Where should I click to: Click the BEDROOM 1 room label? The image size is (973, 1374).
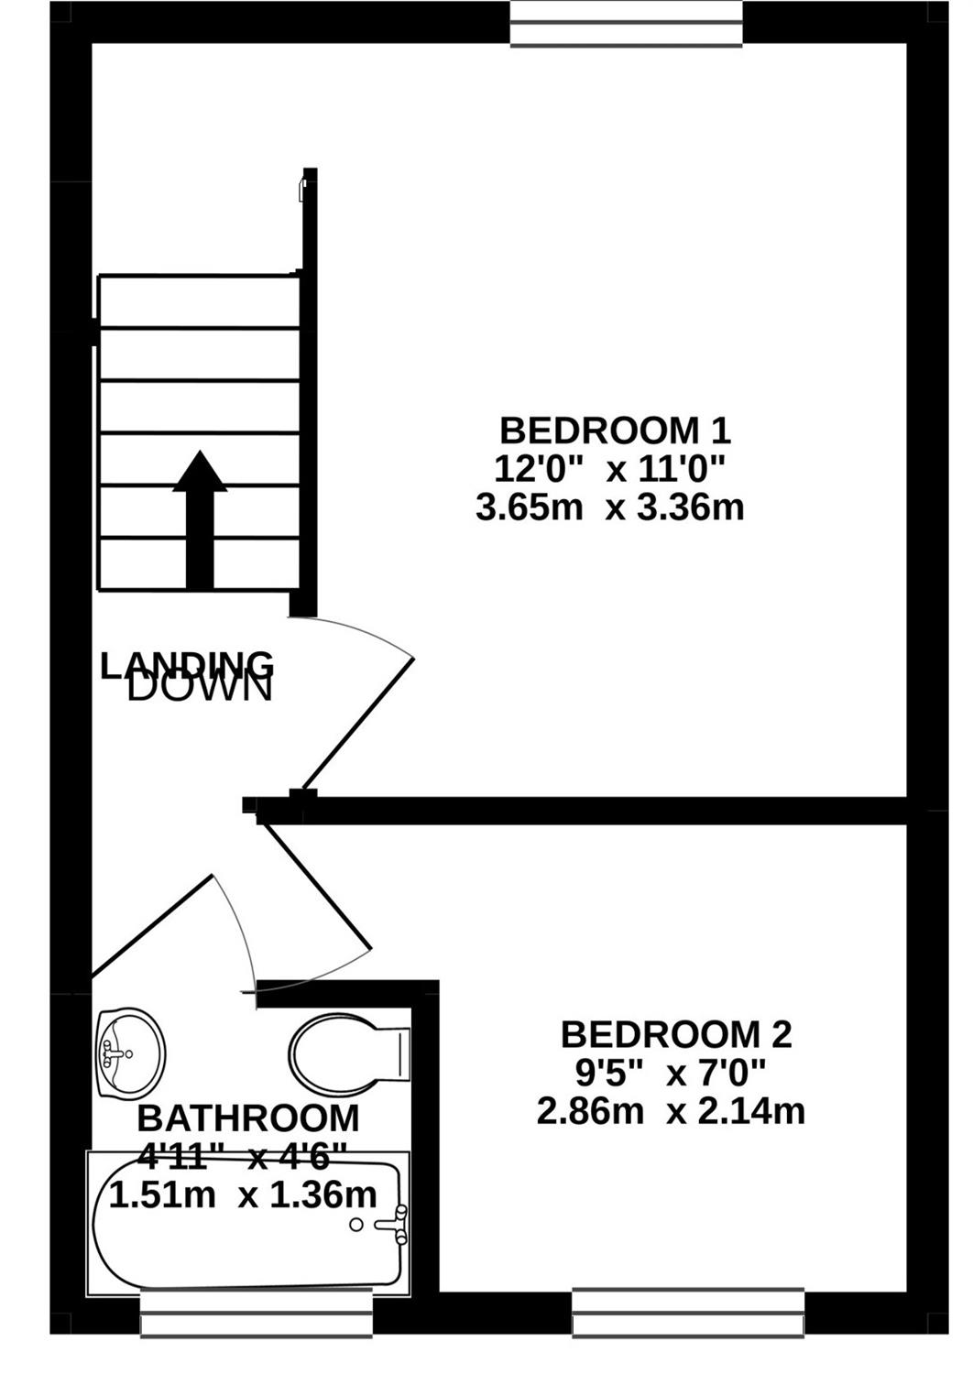pos(616,431)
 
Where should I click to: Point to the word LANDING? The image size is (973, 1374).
pos(187,666)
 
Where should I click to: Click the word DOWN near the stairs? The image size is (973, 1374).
pos(200,687)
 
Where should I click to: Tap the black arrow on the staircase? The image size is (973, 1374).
pos(200,520)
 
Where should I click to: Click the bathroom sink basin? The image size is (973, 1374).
pos(131,1052)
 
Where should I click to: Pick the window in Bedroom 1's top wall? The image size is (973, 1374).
pos(627,23)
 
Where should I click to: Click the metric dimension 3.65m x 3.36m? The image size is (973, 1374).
pos(610,507)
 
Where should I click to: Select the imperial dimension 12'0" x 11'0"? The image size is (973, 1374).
pos(610,470)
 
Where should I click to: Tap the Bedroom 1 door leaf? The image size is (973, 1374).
pos(359,724)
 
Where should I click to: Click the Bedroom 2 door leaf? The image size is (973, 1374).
pos(317,887)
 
